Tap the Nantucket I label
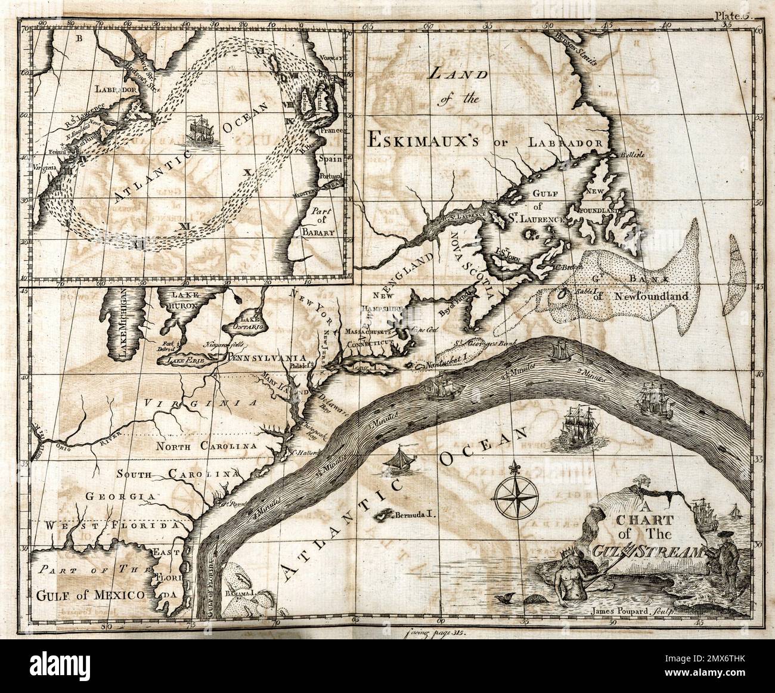click(x=447, y=364)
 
